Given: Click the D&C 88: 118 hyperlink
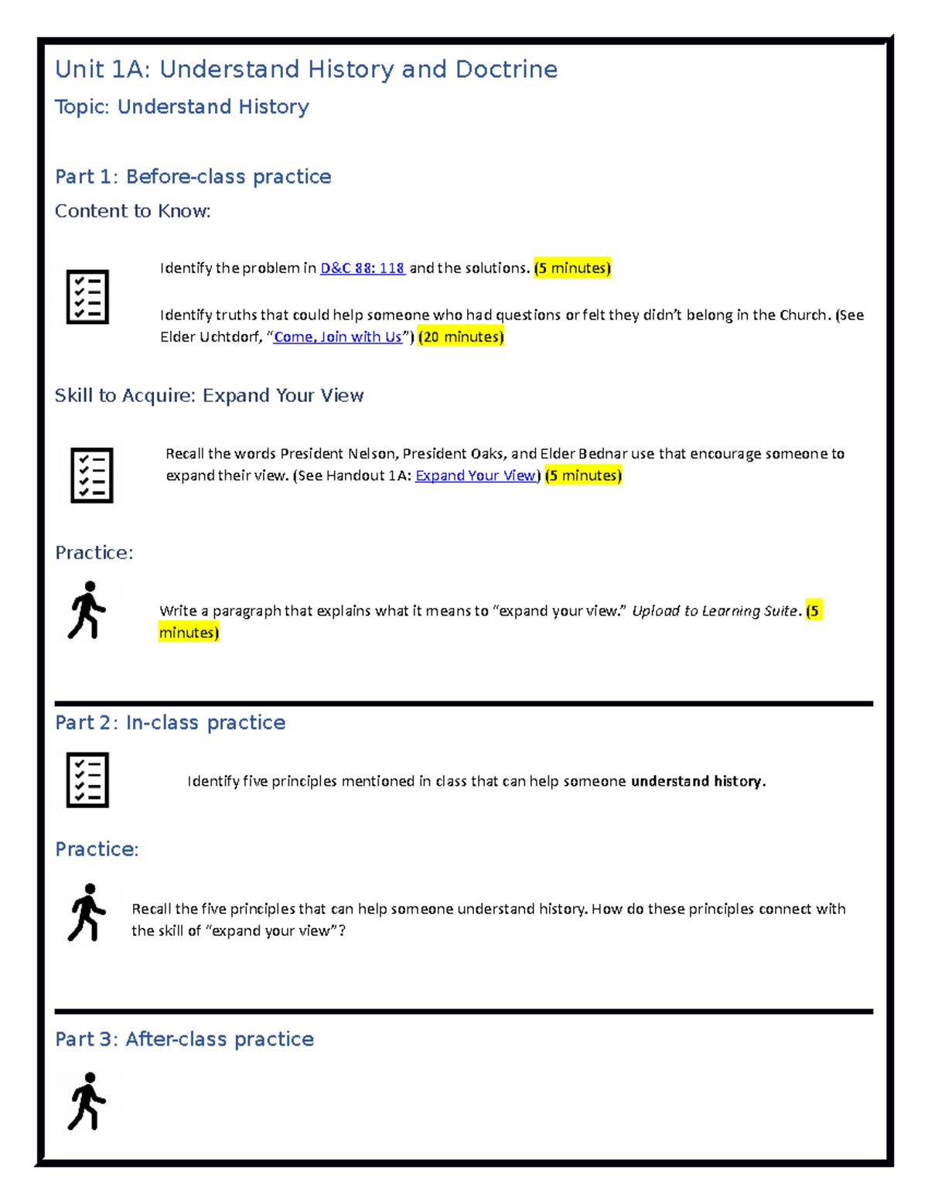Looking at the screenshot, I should click(x=362, y=268).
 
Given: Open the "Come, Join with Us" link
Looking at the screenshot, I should click(x=338, y=337).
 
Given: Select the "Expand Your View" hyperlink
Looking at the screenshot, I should click(x=476, y=476).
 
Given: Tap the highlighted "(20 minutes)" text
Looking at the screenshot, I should click(x=461, y=337).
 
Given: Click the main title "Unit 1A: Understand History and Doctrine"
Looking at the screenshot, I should click(x=306, y=70).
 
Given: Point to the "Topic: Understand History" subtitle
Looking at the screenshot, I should click(x=182, y=107).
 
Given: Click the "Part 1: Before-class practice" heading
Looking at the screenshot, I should click(x=193, y=177).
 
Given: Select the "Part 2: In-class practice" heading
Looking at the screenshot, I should click(x=170, y=723).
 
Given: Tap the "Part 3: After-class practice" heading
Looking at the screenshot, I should click(x=184, y=1039).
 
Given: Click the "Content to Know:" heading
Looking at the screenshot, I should click(x=132, y=211).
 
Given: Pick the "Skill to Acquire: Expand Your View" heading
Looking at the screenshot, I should click(x=209, y=396).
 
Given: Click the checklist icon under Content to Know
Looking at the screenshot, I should click(x=87, y=297).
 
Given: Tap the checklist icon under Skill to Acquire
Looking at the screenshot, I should click(x=91, y=475).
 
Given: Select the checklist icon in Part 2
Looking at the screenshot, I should click(x=87, y=780).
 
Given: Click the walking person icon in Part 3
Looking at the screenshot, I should click(x=87, y=1101).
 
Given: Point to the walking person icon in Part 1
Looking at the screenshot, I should click(x=87, y=610).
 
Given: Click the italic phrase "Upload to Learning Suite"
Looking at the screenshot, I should click(x=714, y=611).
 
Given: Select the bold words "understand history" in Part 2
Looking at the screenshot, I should click(x=696, y=782).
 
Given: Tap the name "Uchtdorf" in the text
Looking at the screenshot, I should click(x=231, y=337).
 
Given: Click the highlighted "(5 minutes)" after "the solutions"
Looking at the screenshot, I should click(x=572, y=268).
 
